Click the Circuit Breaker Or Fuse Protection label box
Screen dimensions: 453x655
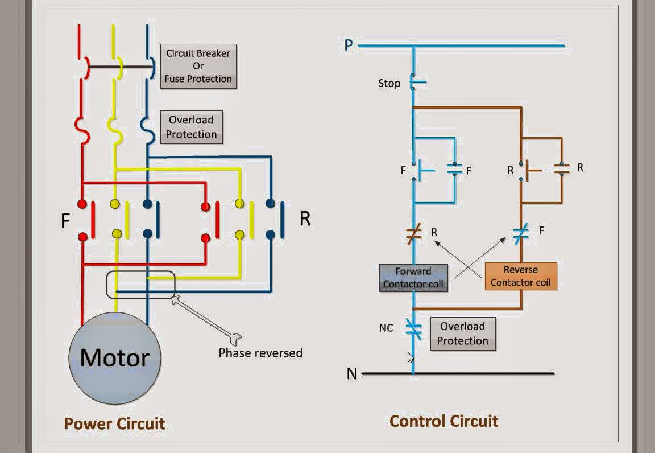[x=198, y=66]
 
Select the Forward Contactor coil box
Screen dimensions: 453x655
[x=414, y=278]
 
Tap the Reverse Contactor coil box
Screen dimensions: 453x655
[x=521, y=276]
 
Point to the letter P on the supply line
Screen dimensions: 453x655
[x=349, y=45]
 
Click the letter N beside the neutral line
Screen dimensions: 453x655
[x=352, y=374]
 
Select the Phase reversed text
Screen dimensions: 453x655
[x=260, y=353]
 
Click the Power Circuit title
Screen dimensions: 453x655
[x=114, y=423]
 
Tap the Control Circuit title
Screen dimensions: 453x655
[x=443, y=421]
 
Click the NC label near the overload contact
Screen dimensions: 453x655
[x=386, y=328]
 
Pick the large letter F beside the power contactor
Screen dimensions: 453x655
[x=65, y=221]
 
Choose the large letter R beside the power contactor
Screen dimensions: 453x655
[x=305, y=219]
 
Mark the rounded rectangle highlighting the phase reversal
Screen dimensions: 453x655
[x=140, y=285]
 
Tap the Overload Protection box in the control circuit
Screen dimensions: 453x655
[x=463, y=333]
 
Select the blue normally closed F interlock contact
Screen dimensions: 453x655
[x=521, y=232]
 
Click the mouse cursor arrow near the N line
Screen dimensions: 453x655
[x=411, y=357]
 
